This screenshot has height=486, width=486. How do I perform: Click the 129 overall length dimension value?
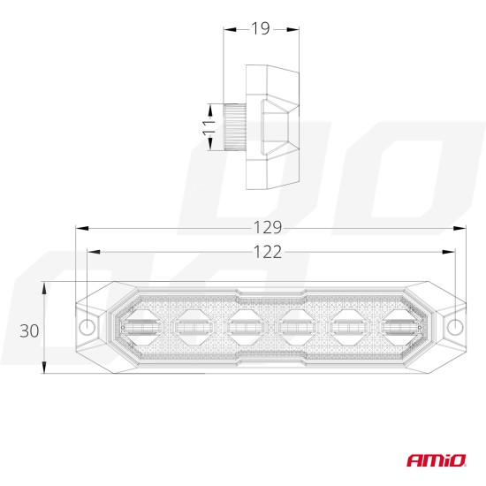(270, 227)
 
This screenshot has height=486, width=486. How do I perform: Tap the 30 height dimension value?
(29, 330)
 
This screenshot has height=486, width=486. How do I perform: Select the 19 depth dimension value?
(260, 28)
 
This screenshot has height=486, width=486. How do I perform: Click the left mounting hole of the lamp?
(87, 327)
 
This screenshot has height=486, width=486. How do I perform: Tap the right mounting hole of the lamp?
(455, 327)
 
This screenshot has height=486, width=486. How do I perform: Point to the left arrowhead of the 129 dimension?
(80, 227)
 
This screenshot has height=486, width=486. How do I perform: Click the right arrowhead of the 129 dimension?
(462, 227)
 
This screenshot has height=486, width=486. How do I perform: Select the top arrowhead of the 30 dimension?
(44, 287)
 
